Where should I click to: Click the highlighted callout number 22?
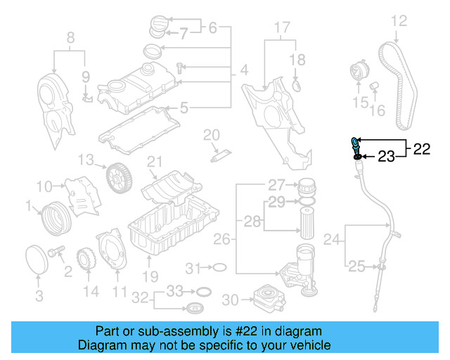pyautogui.click(x=421, y=148)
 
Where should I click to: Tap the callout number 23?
pyautogui.click(x=387, y=156)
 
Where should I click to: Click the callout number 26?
pyautogui.click(x=221, y=240)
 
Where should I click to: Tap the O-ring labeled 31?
pyautogui.click(x=219, y=268)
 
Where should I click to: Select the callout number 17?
pyautogui.click(x=281, y=28)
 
